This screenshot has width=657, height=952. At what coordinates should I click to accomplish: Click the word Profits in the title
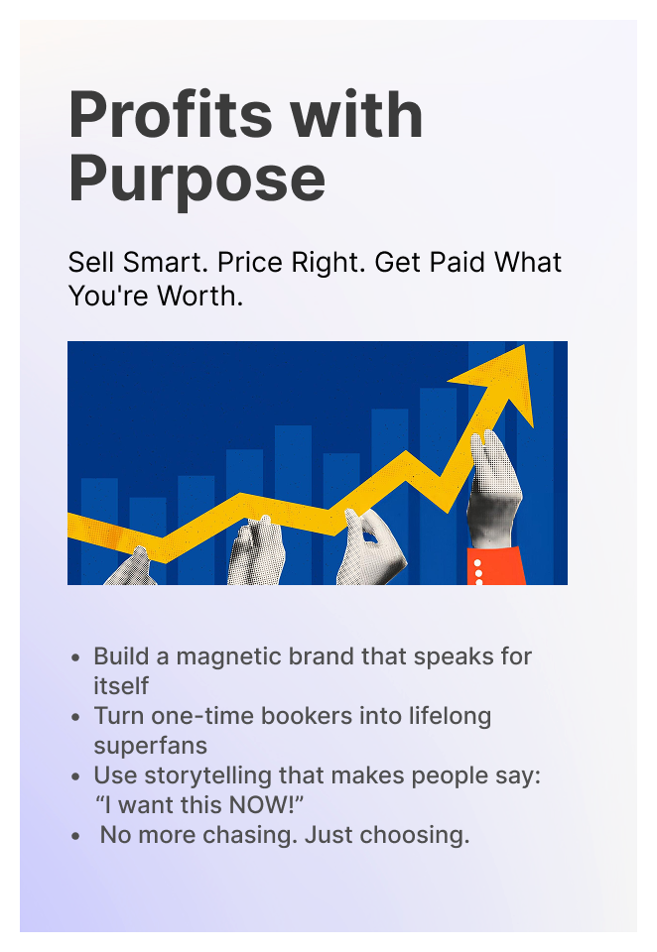click(171, 115)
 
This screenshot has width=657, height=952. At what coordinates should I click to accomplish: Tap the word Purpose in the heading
click(197, 180)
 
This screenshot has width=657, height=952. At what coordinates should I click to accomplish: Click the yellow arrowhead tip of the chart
click(524, 345)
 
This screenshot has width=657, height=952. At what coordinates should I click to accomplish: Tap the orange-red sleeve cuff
click(496, 565)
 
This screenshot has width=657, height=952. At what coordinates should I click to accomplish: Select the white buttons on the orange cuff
click(478, 572)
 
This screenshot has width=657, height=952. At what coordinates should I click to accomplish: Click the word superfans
click(150, 746)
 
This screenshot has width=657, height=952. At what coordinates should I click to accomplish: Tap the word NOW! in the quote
click(262, 805)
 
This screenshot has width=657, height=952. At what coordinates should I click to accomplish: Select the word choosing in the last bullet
click(415, 835)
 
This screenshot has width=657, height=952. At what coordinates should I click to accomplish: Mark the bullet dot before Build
click(75, 657)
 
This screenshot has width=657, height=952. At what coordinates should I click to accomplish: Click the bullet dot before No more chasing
click(75, 836)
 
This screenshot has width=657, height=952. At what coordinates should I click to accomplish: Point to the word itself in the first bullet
click(121, 686)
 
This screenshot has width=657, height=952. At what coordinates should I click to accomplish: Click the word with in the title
click(356, 115)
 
